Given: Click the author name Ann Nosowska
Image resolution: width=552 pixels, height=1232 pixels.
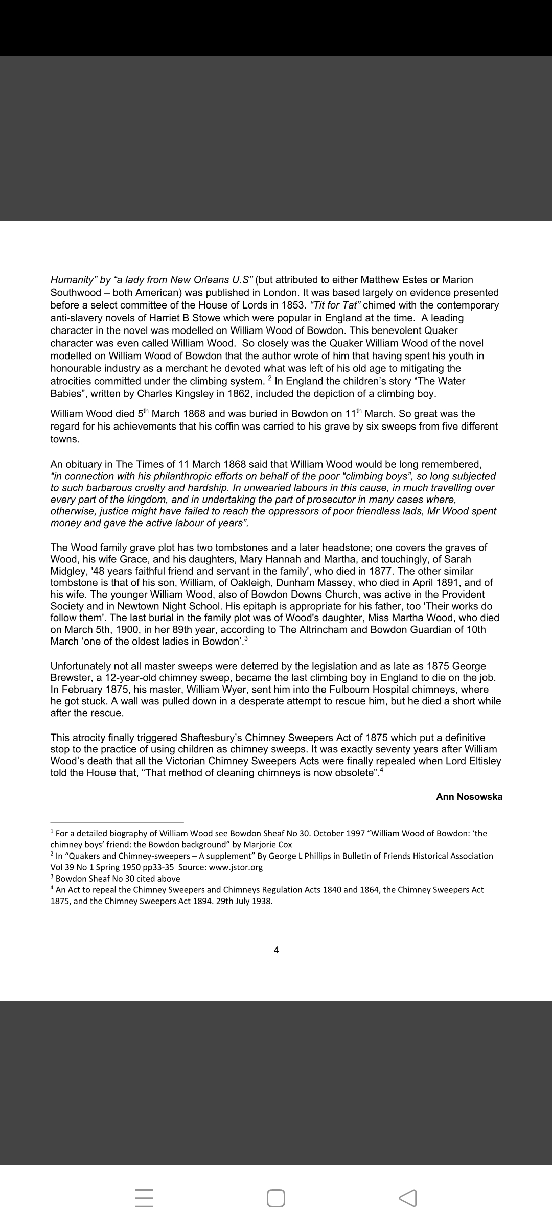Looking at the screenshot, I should pos(469,796).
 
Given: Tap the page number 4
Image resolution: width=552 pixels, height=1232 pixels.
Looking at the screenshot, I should pos(277,950).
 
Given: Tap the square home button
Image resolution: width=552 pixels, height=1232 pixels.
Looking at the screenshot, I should pos(276,1198).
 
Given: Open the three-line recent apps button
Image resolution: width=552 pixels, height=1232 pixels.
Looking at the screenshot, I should pos(144,1198).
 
